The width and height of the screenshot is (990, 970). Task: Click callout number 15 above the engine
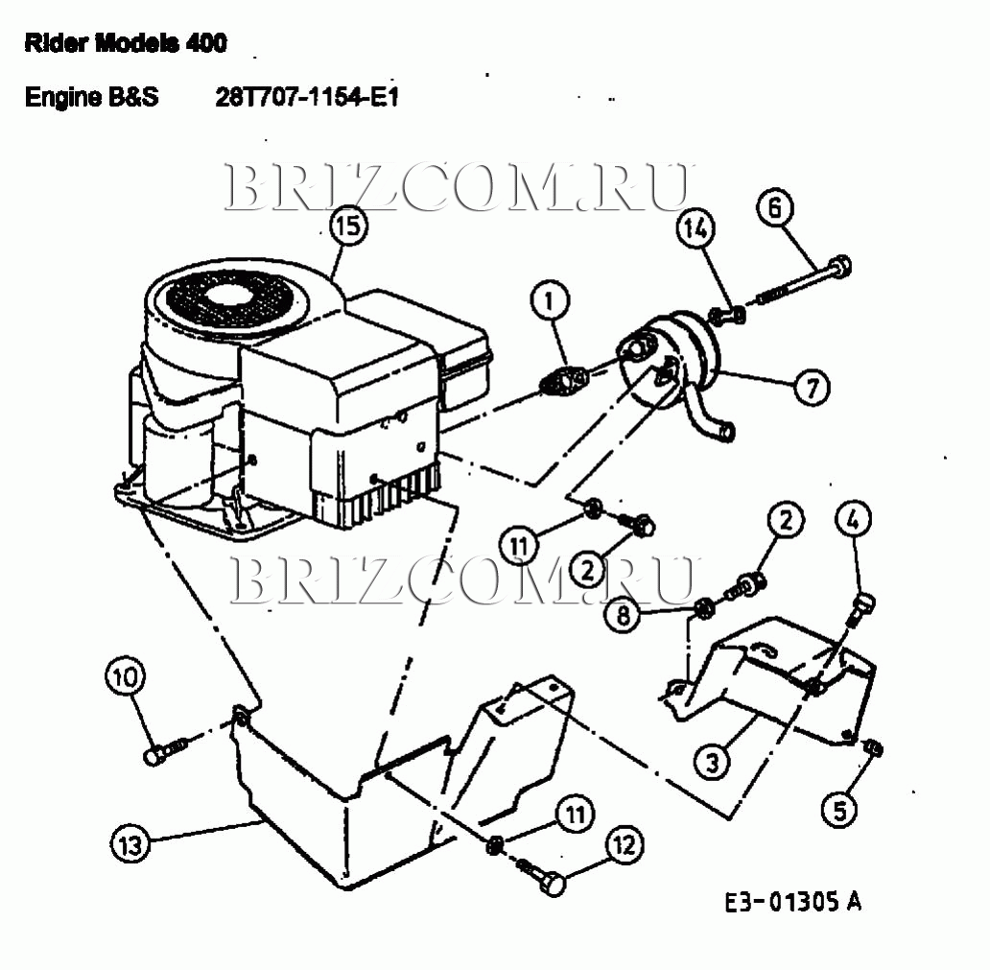click(x=349, y=225)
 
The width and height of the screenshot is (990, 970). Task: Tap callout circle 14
click(x=695, y=228)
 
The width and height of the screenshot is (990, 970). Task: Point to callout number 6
click(x=775, y=207)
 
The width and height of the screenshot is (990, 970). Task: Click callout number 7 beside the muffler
click(x=812, y=387)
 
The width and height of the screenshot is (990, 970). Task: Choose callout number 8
click(x=624, y=613)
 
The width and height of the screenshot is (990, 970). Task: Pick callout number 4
click(x=854, y=520)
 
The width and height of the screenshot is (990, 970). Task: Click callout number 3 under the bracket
click(x=713, y=762)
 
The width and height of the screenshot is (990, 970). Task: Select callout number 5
click(x=839, y=809)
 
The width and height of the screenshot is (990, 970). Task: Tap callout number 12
click(x=625, y=845)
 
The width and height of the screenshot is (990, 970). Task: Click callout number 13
click(x=130, y=844)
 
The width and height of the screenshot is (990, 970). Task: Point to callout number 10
click(x=125, y=677)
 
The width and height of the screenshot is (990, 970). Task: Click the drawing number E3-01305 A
click(x=792, y=901)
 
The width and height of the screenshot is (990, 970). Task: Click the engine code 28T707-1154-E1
click(x=307, y=97)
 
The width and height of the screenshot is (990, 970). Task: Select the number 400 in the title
click(x=206, y=43)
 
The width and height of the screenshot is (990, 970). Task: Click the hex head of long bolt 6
click(x=839, y=266)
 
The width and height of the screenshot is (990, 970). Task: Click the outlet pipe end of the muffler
click(x=726, y=433)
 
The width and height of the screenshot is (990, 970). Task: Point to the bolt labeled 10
click(x=165, y=749)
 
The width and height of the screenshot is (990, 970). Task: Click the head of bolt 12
click(x=553, y=883)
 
